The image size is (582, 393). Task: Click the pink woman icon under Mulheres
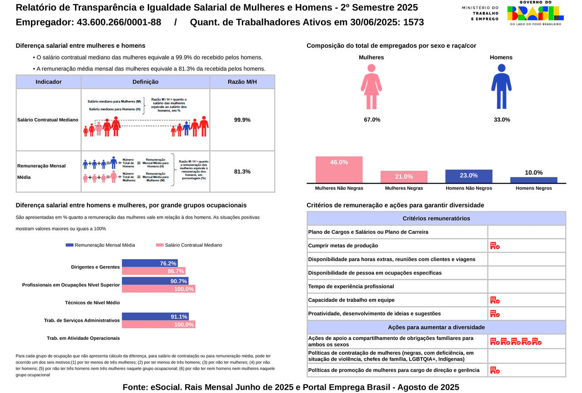point(371,86)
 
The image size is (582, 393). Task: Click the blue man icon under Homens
point(501,86)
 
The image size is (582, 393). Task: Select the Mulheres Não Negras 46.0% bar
point(339,170)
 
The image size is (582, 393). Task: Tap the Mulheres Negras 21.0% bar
point(404,177)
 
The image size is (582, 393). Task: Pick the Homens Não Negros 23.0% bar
point(469,176)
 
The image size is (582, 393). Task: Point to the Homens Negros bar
point(534,180)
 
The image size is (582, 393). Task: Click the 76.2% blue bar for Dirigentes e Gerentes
point(150,263)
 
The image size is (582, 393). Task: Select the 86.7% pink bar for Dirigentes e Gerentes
point(153,271)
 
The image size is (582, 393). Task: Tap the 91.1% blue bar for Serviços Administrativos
point(155,317)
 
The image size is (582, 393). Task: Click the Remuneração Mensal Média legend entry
point(100,245)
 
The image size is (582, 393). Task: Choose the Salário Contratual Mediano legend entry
point(189,245)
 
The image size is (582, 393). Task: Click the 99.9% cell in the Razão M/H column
point(242,120)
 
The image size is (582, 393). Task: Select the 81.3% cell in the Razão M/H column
point(242,171)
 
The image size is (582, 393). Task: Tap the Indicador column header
point(49,82)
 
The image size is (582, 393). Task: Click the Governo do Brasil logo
point(535,13)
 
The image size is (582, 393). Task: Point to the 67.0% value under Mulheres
point(372,120)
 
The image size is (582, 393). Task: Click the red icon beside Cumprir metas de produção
point(495,246)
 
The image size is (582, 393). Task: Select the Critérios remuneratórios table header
point(436,218)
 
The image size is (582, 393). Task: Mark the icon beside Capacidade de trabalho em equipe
point(495,300)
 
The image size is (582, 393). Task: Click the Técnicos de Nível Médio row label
point(92,302)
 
